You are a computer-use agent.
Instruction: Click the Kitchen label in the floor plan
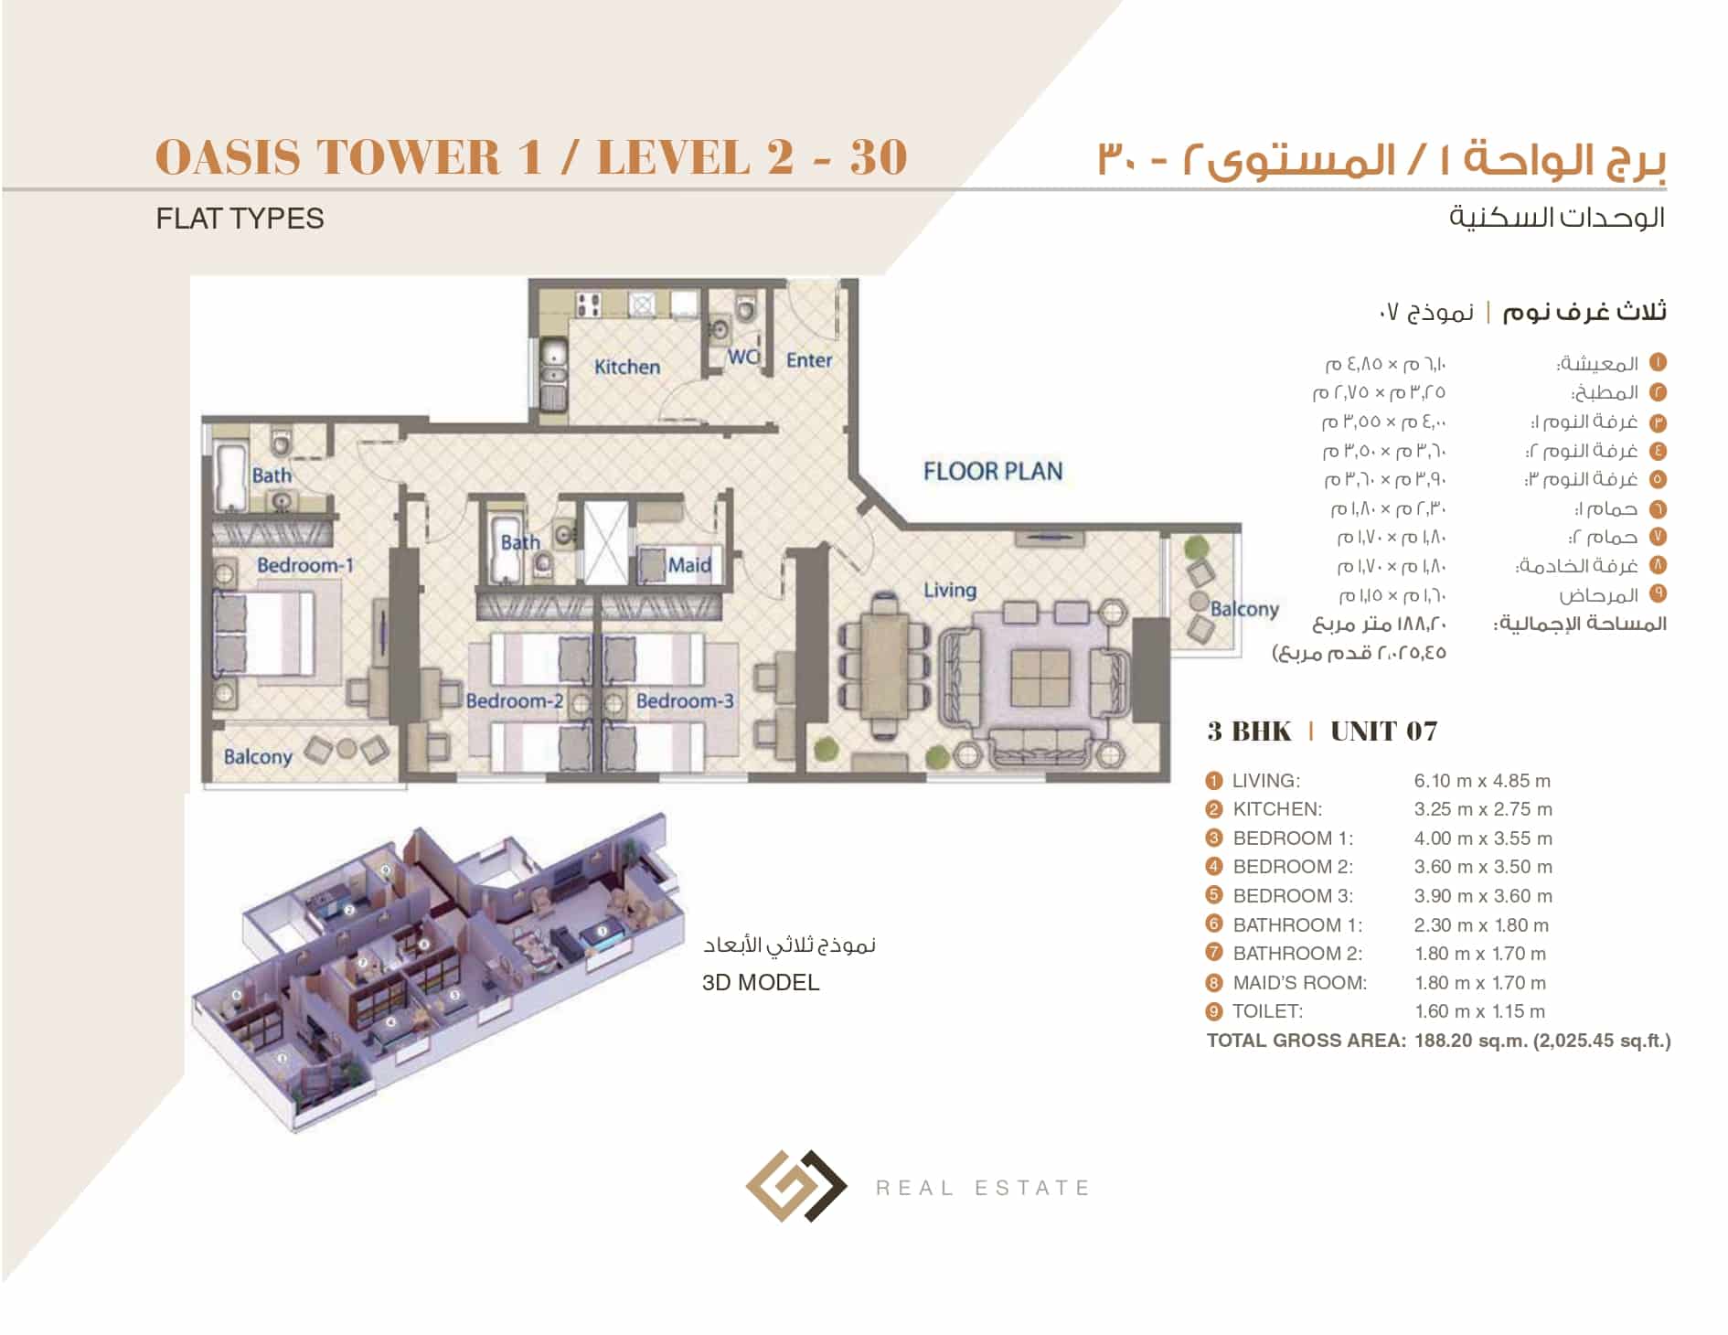(x=627, y=367)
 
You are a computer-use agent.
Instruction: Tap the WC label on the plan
(x=742, y=358)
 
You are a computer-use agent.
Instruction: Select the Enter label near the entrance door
(x=809, y=360)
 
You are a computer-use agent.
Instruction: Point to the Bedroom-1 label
(x=304, y=565)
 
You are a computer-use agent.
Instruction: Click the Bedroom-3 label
(x=685, y=701)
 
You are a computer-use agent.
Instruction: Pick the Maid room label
(x=689, y=565)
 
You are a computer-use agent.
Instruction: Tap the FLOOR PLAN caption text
(x=993, y=472)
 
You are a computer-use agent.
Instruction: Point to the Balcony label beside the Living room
(x=1244, y=609)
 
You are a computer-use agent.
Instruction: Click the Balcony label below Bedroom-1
(x=258, y=756)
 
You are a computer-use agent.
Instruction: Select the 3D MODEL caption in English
(x=761, y=983)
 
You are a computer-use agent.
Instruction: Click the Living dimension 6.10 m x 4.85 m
(x=1482, y=781)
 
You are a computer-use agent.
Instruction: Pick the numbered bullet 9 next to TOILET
(x=1214, y=1011)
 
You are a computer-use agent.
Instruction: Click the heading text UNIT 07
(x=1383, y=732)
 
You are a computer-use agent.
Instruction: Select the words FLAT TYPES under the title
(x=240, y=219)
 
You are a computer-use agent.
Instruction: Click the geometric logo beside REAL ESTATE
(x=795, y=1186)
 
